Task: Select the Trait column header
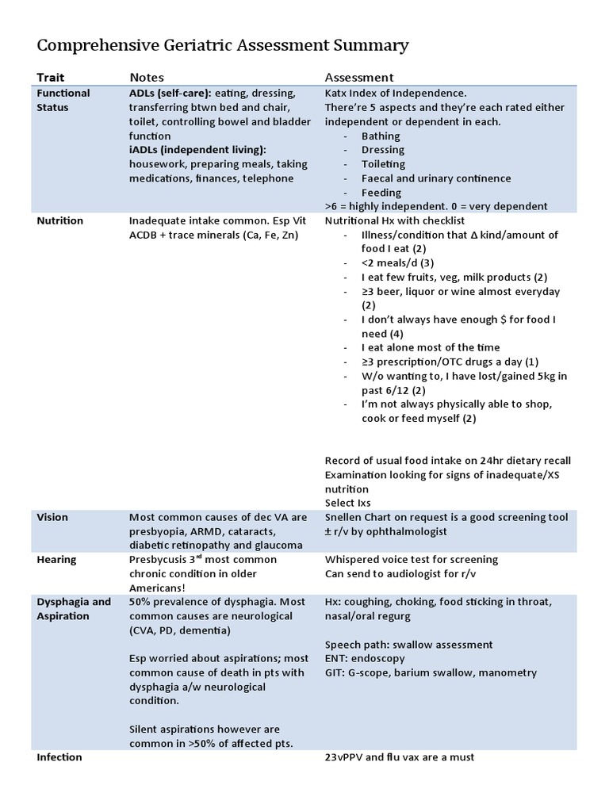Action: (51, 78)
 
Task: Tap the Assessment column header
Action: (359, 78)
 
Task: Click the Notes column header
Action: (147, 78)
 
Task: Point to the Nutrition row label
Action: (59, 220)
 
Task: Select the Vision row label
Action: (52, 517)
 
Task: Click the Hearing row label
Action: (56, 560)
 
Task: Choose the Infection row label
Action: (59, 757)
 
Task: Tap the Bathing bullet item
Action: (381, 136)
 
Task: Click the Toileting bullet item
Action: (384, 164)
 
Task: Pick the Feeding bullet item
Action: (381, 193)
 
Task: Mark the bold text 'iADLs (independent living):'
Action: (197, 150)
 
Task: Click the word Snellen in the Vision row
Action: (344, 517)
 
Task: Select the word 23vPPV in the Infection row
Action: (346, 757)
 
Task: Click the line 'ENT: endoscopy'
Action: (365, 658)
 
